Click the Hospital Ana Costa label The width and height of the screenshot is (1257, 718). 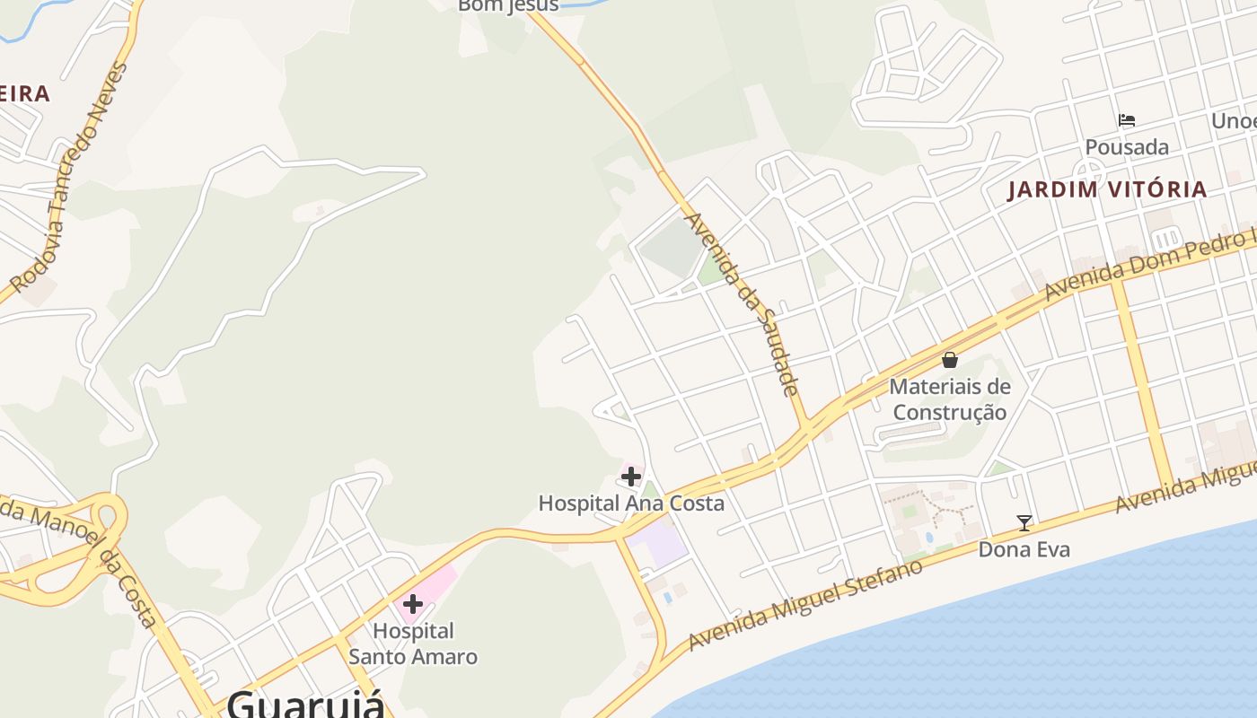point(631,503)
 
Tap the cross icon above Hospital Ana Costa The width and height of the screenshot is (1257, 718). point(631,477)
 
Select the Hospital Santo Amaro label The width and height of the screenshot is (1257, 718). point(413,644)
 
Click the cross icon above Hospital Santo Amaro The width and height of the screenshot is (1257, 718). point(413,604)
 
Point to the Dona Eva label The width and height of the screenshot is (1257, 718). point(1024,549)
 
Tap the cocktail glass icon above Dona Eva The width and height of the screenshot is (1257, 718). point(1024,523)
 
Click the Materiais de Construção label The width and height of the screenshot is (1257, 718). point(950,399)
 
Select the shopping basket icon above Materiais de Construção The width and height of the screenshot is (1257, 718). point(950,361)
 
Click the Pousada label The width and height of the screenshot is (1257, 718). point(1127,147)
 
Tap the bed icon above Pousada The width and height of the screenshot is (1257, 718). point(1127,120)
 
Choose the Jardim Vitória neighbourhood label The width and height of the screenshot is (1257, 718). point(1107,189)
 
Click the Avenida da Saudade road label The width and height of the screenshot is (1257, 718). point(742,302)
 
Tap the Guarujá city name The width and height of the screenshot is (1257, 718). point(305,702)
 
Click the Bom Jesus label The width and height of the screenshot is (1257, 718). point(508,6)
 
